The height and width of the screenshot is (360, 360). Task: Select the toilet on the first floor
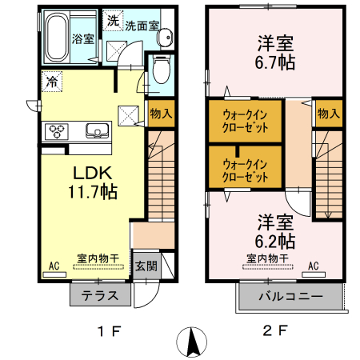click(160, 70)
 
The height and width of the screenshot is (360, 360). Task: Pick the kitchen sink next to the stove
click(95, 130)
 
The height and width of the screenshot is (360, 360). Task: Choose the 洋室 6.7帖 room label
click(275, 51)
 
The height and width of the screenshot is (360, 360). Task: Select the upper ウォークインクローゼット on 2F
click(245, 120)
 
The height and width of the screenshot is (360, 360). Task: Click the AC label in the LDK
click(54, 265)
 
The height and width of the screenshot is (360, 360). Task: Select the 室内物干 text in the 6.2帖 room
click(267, 258)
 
